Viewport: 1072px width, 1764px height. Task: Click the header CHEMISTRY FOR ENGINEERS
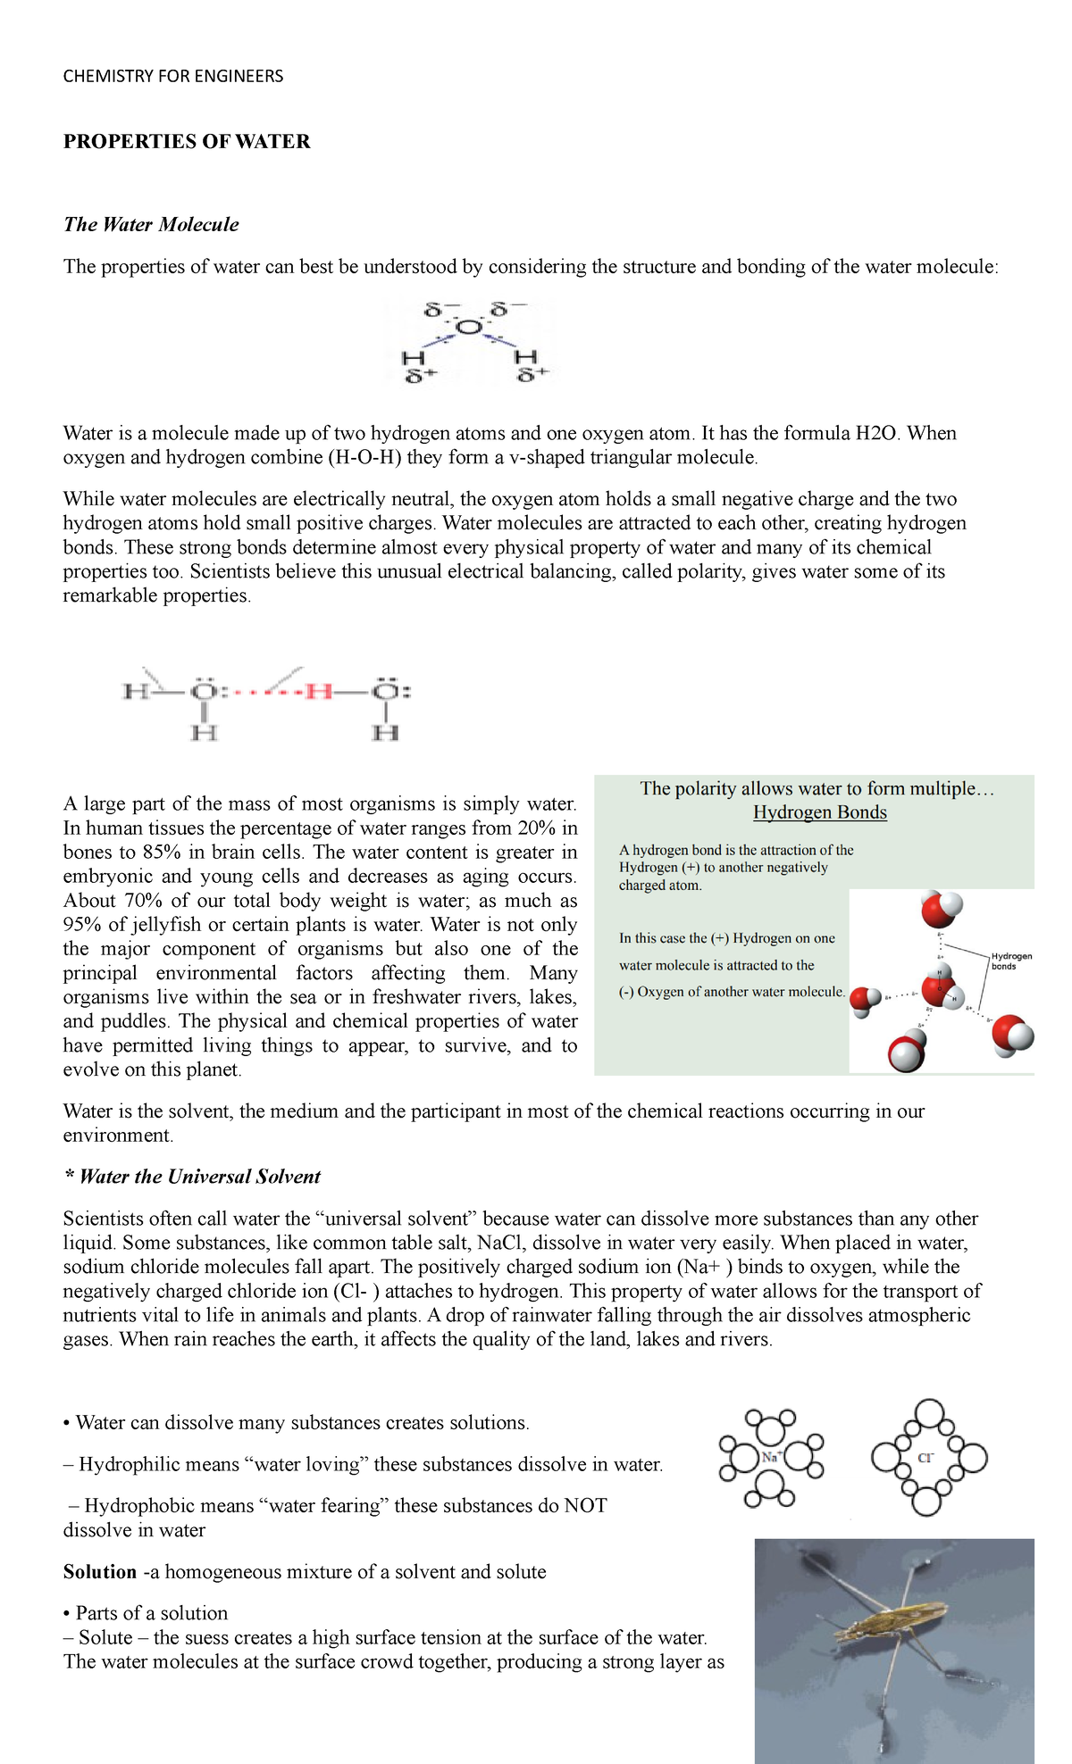click(173, 76)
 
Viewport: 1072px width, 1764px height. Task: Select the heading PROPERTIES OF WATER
click(187, 141)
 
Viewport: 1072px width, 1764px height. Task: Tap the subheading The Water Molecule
click(151, 224)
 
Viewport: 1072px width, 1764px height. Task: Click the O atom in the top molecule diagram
click(469, 329)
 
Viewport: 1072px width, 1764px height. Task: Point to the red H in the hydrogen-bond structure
click(319, 691)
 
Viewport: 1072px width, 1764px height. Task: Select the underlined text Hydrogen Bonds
click(819, 811)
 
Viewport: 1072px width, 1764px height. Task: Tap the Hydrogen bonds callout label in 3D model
click(1011, 961)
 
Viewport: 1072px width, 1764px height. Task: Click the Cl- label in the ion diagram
click(926, 1458)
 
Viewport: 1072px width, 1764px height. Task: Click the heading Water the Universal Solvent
click(199, 1177)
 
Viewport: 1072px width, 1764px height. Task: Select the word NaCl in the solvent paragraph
click(502, 1243)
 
